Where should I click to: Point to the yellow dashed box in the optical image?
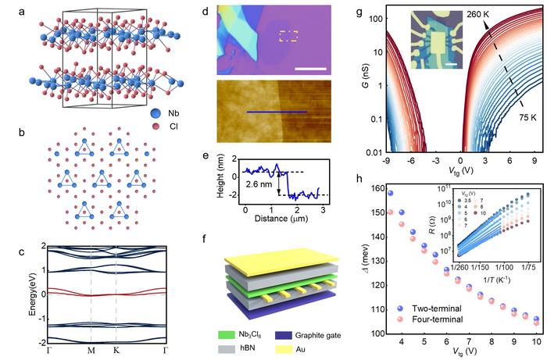(x=288, y=36)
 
